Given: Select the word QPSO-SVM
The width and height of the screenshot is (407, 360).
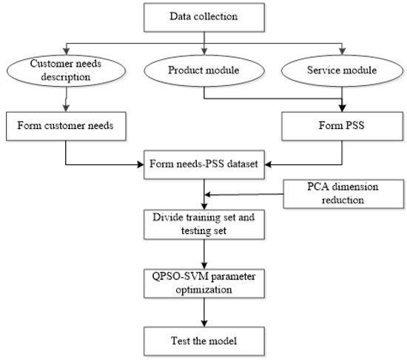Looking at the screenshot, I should point(177,276).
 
